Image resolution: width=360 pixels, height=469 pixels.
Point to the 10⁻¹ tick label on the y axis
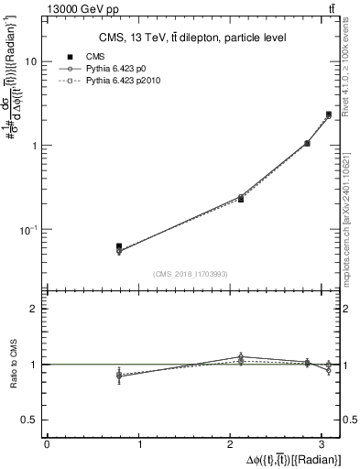(28, 229)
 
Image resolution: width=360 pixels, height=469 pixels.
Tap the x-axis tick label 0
(47, 443)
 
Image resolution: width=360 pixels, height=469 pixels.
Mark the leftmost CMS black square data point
(119, 246)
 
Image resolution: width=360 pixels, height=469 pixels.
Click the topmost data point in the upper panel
(328, 115)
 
